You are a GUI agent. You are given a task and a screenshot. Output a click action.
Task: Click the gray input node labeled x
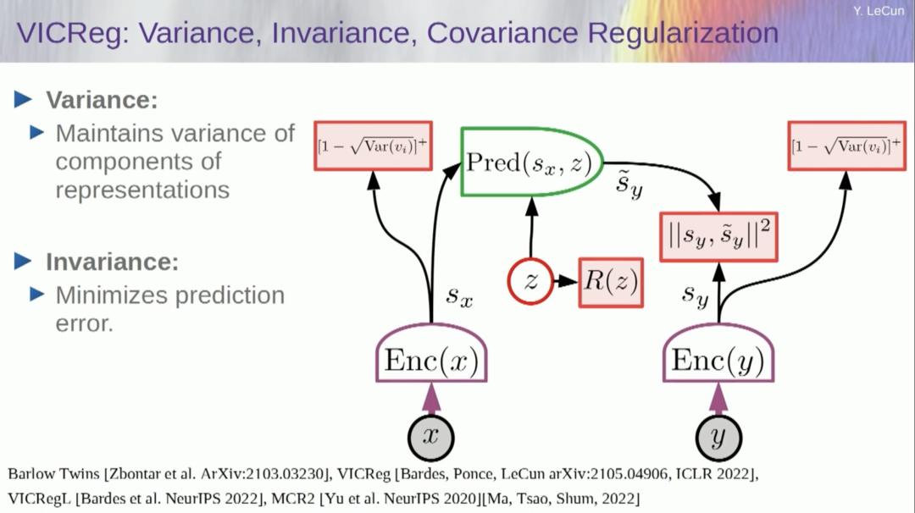coord(430,437)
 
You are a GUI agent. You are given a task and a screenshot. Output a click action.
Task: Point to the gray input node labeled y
coord(718,437)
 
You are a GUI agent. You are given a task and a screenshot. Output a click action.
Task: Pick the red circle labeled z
coord(530,282)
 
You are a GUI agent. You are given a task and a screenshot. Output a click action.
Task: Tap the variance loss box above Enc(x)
coord(372,146)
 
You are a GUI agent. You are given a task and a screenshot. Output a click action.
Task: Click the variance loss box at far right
coord(845,146)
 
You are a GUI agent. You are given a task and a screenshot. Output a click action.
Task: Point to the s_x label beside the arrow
coord(460,296)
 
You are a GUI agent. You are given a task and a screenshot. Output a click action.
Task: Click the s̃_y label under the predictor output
coord(629,187)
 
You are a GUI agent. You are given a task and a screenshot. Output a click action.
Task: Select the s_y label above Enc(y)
coord(695,295)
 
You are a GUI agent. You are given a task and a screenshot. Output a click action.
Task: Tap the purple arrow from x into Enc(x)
coord(431,400)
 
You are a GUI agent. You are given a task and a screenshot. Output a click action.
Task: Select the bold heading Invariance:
coord(112,262)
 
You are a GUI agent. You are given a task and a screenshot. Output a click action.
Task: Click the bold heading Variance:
coord(102,100)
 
